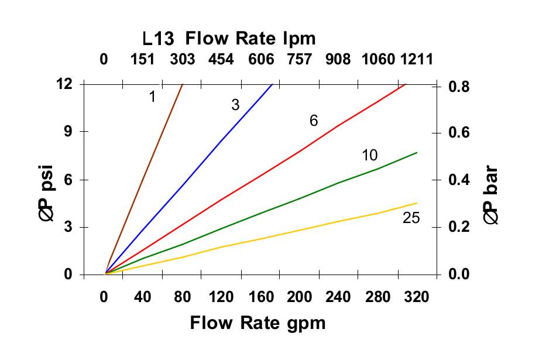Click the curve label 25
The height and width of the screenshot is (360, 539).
[411, 218]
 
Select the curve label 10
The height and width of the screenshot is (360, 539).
[370, 155]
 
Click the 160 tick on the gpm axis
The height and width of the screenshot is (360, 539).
[260, 297]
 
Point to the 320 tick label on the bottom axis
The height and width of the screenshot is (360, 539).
[417, 297]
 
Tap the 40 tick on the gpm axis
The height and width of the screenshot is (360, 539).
[143, 297]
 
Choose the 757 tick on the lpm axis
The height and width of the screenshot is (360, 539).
[299, 59]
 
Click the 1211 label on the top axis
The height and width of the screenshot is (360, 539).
[417, 59]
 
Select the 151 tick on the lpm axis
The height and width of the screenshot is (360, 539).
[143, 59]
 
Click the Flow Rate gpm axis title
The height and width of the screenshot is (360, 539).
[258, 323]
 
